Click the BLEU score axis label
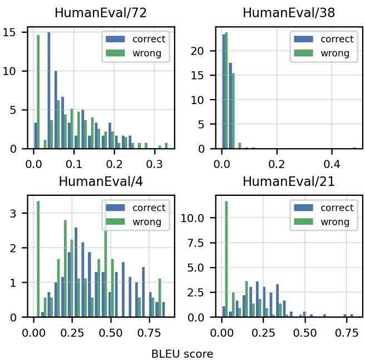(182, 352)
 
